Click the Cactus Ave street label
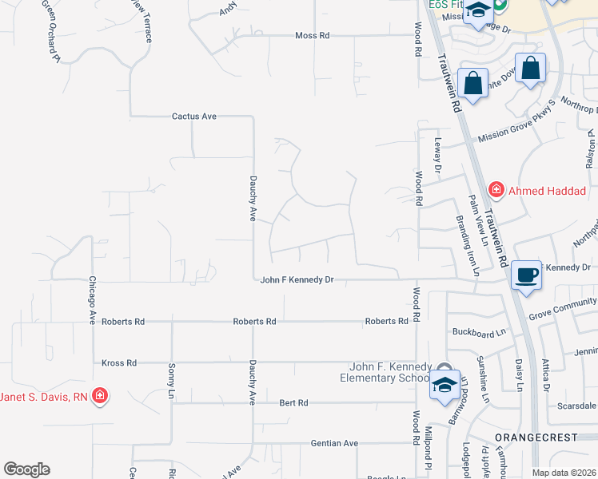(194, 117)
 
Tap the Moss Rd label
(312, 36)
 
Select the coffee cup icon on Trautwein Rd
(526, 275)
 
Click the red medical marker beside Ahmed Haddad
(496, 190)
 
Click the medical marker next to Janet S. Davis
(99, 396)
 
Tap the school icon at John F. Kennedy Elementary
(443, 386)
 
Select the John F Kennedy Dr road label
(297, 280)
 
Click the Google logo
(26, 469)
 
